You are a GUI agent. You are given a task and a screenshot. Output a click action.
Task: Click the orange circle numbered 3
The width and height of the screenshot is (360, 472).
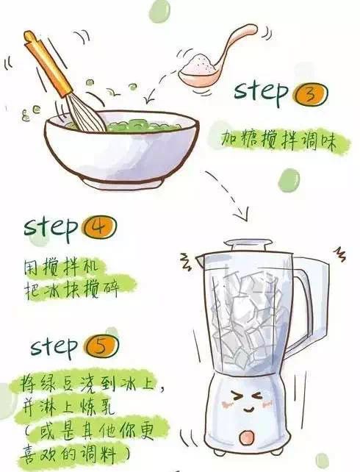click(311, 93)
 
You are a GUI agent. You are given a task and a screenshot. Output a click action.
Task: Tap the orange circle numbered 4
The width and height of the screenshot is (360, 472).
click(100, 228)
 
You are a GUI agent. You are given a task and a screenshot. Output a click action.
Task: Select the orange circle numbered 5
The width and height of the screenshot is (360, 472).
click(101, 346)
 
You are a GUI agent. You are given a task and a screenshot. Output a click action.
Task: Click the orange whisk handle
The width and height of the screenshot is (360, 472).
click(48, 64)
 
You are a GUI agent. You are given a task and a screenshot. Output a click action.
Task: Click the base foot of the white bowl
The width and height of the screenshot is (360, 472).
click(123, 182)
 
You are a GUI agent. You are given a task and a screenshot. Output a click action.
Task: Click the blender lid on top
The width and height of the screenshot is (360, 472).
click(248, 246)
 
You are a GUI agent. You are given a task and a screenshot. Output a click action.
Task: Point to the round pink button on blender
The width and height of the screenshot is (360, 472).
click(247, 437)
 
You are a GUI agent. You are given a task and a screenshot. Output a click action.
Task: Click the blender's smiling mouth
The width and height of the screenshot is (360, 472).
click(249, 410)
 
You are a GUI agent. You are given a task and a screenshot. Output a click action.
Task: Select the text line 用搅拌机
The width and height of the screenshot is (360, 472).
click(61, 268)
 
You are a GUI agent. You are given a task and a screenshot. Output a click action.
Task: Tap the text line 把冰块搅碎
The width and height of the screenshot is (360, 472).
click(72, 289)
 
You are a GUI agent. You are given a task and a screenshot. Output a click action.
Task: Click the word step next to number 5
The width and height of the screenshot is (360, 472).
click(54, 346)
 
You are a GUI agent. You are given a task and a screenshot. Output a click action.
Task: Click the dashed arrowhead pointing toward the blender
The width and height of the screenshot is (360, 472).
click(242, 212)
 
